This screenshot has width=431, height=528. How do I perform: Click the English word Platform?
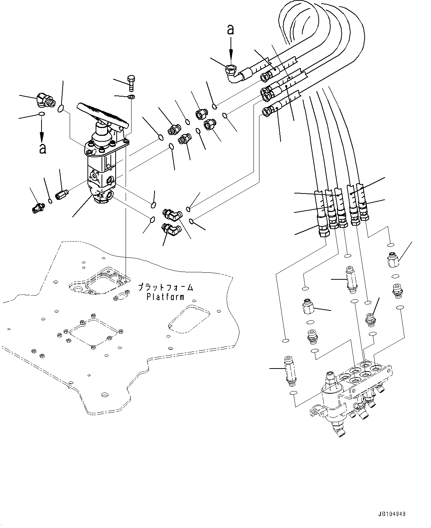165,297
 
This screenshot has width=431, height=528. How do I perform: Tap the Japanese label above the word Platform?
166,287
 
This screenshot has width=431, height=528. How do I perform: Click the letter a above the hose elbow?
231,30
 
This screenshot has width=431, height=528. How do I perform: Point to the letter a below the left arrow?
43,148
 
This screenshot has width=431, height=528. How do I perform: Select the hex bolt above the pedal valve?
131,83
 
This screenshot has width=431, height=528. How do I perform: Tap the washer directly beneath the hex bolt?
131,97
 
